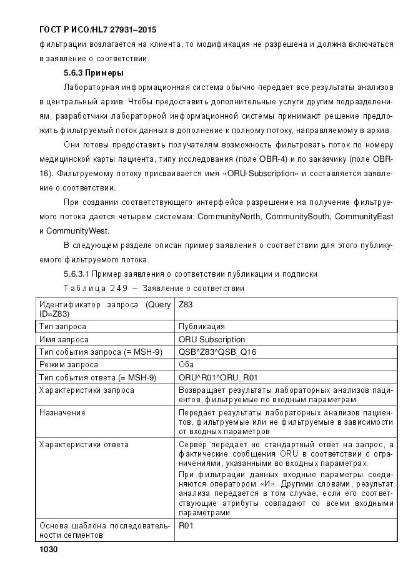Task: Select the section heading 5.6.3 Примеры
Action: click(92, 72)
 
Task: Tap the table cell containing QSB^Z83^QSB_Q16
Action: click(217, 352)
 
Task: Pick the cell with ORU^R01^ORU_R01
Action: click(218, 377)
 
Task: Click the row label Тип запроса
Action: click(62, 326)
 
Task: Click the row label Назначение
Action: click(62, 413)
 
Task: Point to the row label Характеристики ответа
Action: click(84, 444)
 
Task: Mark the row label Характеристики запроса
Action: click(86, 390)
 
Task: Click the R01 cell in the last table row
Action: click(186, 527)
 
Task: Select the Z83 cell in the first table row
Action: click(186, 305)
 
